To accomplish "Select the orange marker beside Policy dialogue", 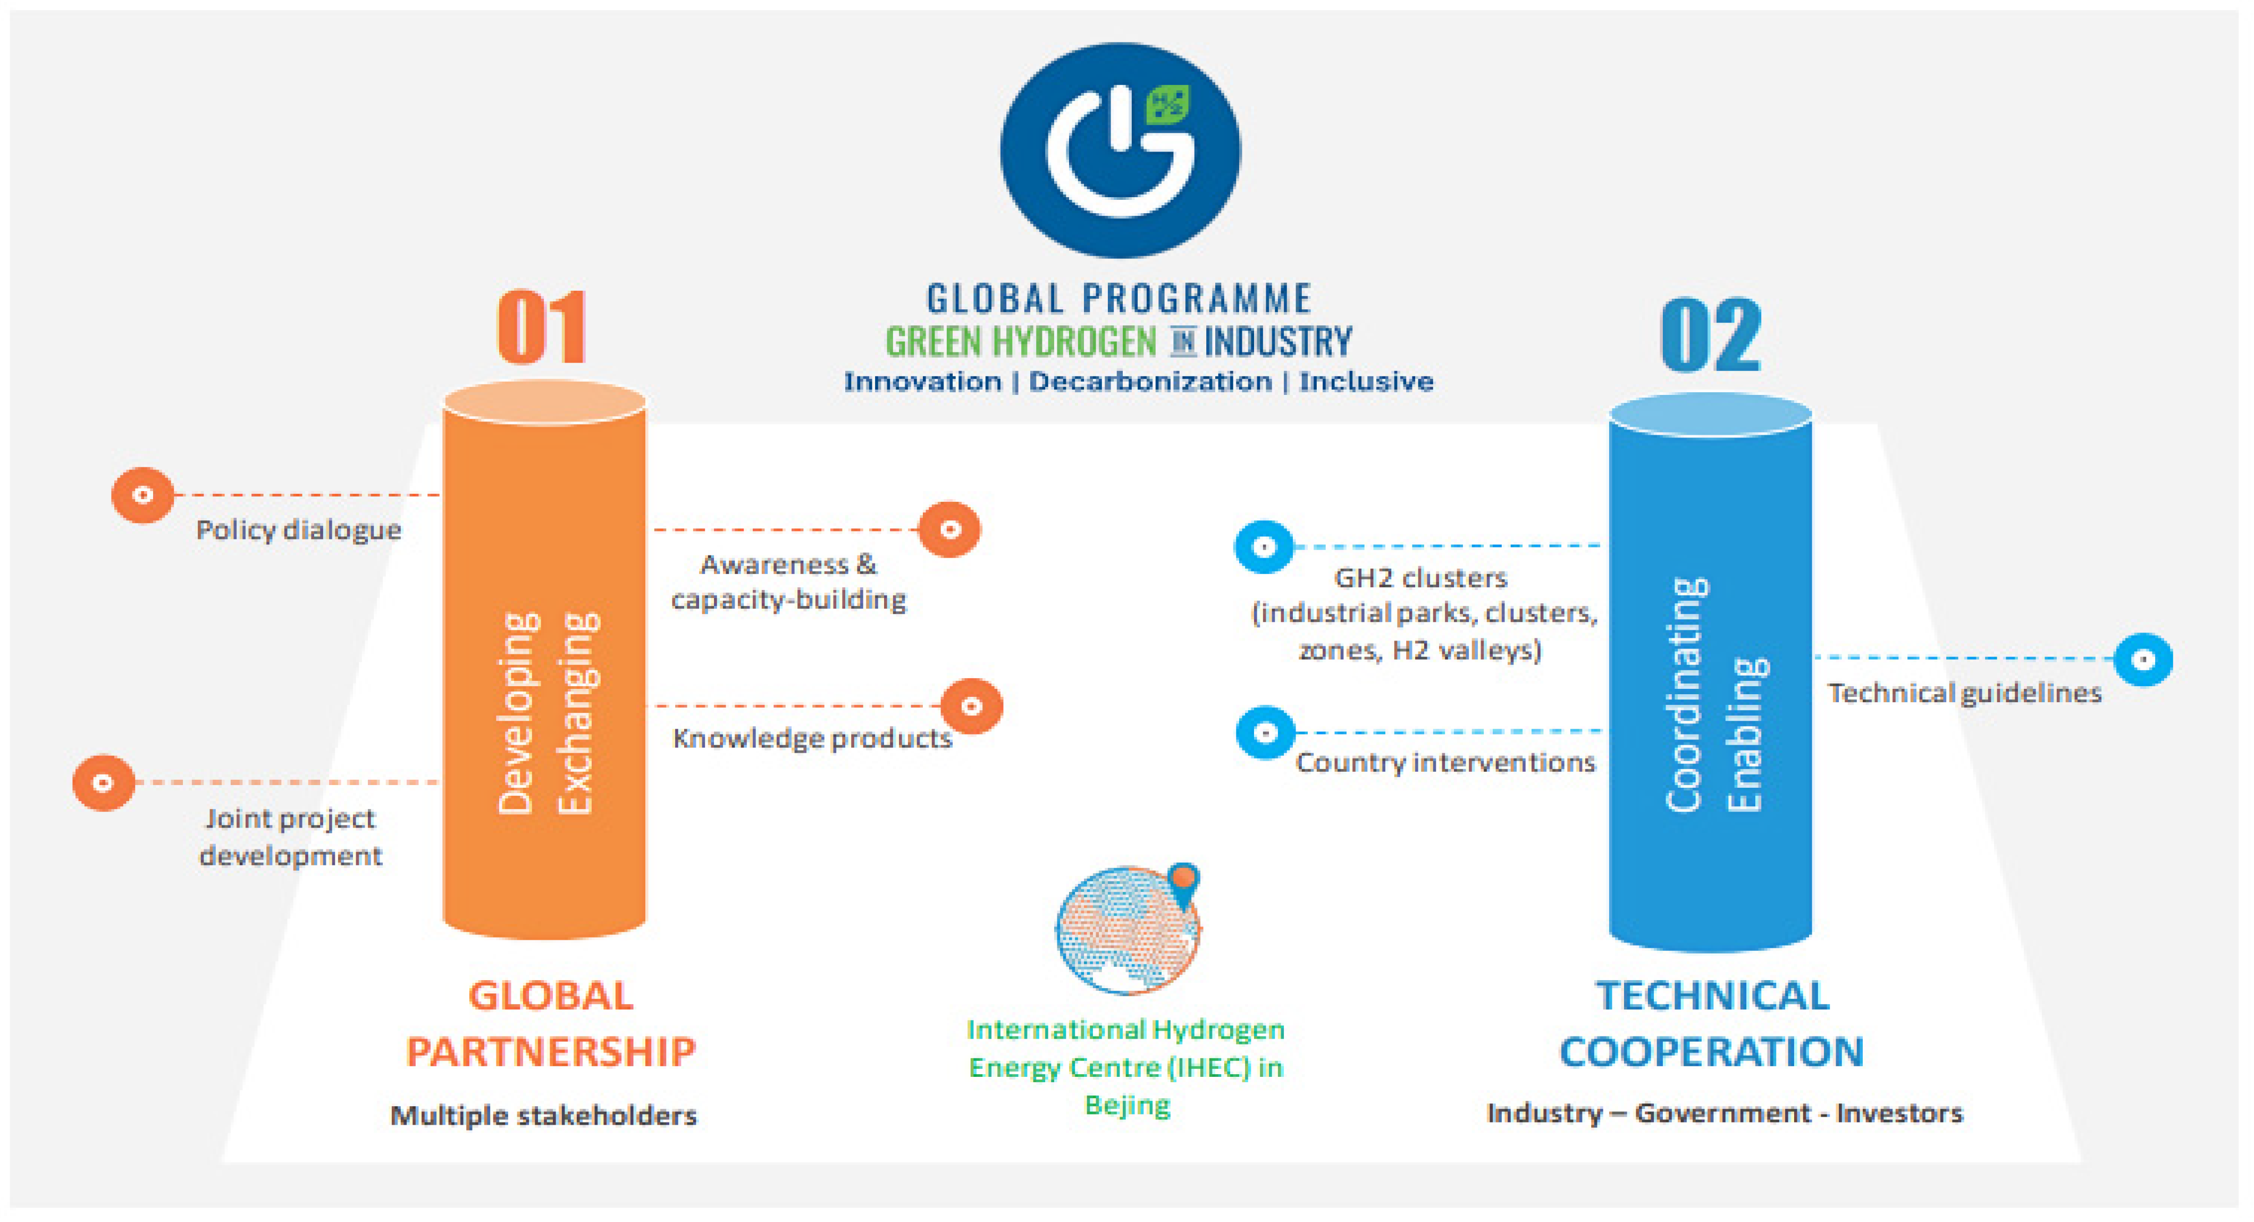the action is pos(142,495).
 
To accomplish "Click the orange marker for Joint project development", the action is pos(103,782).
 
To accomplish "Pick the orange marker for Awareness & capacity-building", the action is pos(949,529).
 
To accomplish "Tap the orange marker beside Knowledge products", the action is pos(971,706).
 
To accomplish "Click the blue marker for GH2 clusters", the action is pos(1264,547).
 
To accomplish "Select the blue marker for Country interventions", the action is pos(1265,732).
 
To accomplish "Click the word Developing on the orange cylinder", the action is pos(517,713).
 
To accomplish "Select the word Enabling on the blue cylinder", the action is pos(1746,734).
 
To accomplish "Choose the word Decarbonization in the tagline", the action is pos(1150,382).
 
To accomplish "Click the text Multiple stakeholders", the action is pos(543,1115).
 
